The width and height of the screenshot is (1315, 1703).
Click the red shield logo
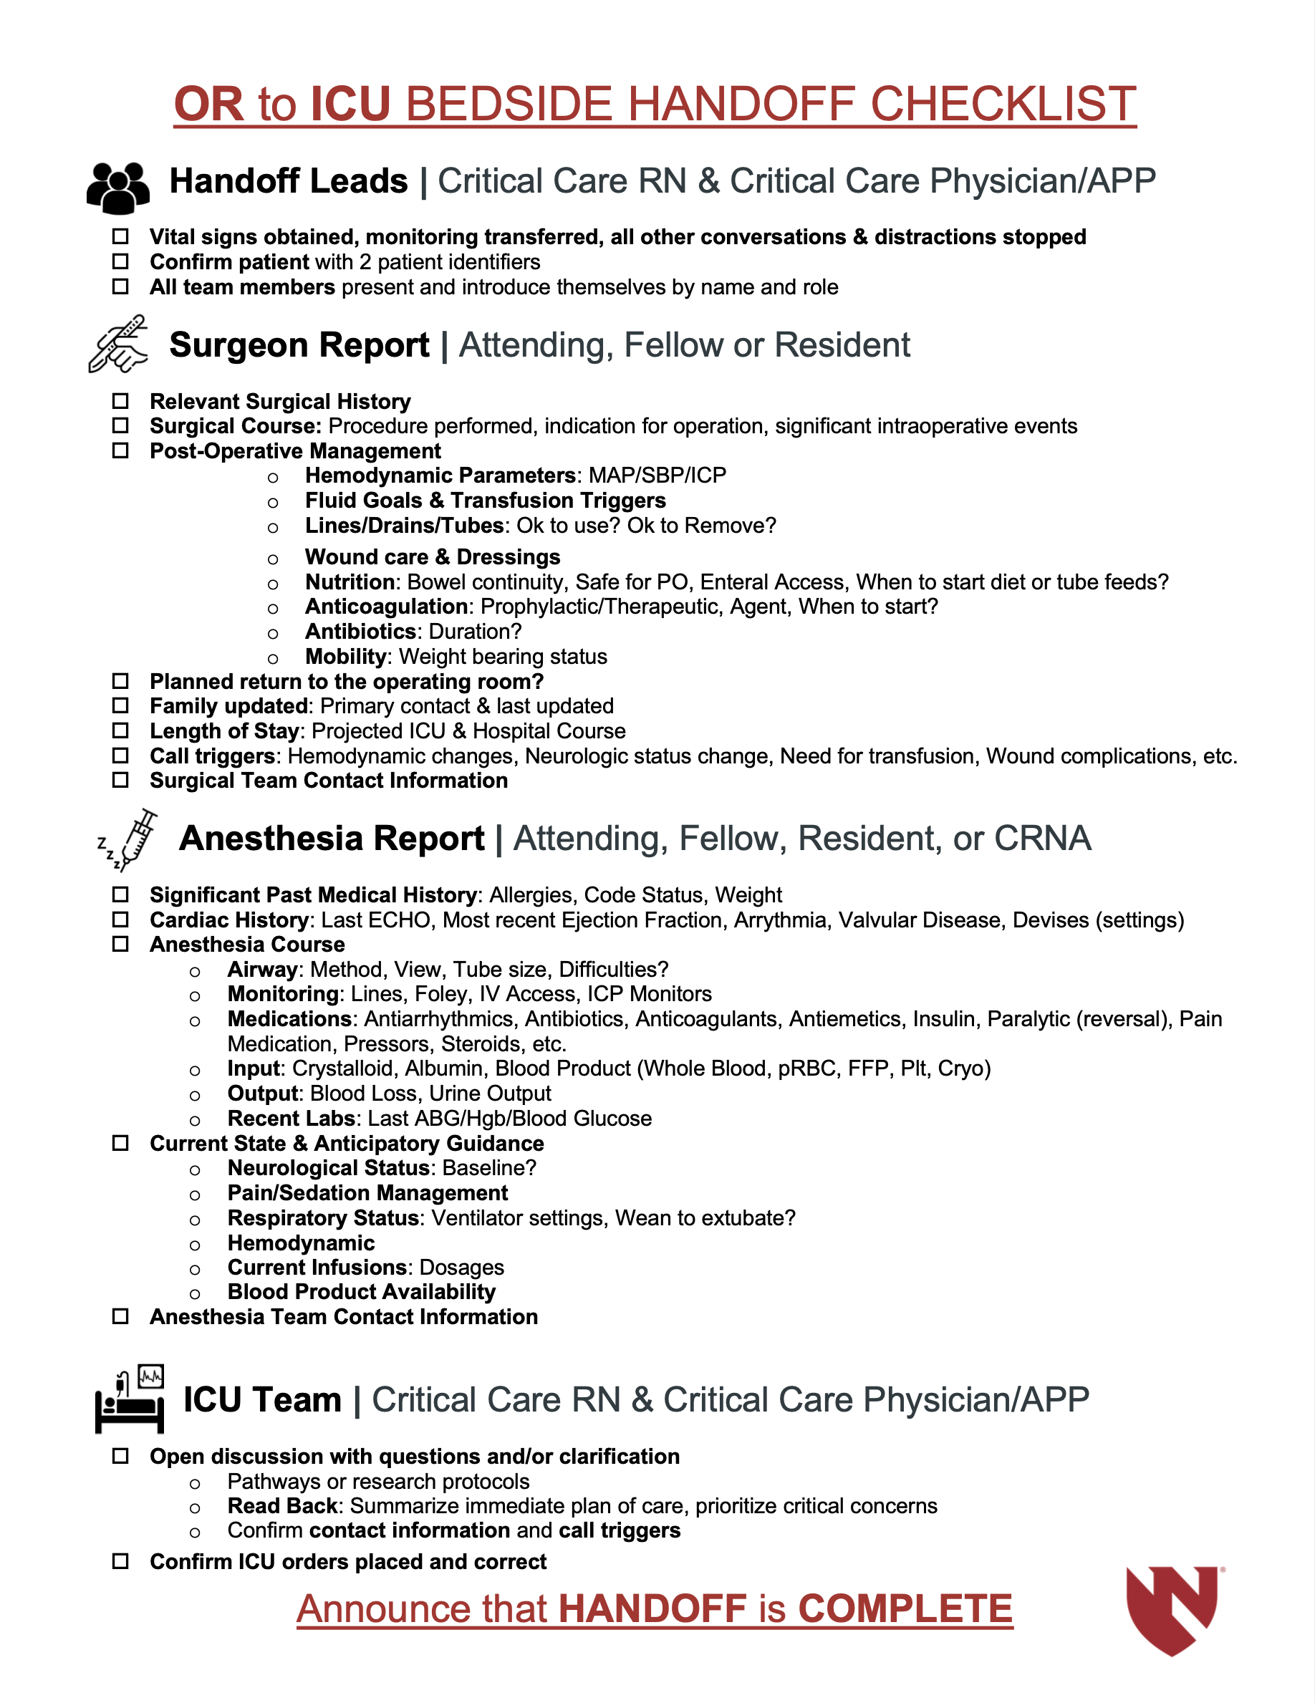pos(1172,1608)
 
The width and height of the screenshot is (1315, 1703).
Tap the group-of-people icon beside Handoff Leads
pos(117,187)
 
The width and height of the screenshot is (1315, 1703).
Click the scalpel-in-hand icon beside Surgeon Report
pos(117,344)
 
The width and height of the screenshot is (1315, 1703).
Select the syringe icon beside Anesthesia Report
pos(130,839)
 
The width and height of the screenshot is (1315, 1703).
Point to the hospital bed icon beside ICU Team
pos(130,1402)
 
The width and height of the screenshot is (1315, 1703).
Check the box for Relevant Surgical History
pos(120,401)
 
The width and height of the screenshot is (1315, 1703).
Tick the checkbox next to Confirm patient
pos(120,262)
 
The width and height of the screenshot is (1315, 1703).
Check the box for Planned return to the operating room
pos(120,681)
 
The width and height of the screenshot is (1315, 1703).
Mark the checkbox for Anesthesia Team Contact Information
pos(120,1316)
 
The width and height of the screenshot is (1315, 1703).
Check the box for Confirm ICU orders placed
pos(120,1561)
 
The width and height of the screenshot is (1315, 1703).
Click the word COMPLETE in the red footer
pos(905,1608)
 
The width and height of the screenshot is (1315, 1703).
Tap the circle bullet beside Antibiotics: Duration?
pos(273,633)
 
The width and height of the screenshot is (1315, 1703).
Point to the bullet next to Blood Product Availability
pos(195,1293)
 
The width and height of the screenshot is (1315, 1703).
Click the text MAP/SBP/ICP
pos(657,475)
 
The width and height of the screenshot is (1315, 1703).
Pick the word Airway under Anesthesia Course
pos(262,969)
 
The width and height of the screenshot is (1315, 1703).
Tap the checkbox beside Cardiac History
pos(120,920)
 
